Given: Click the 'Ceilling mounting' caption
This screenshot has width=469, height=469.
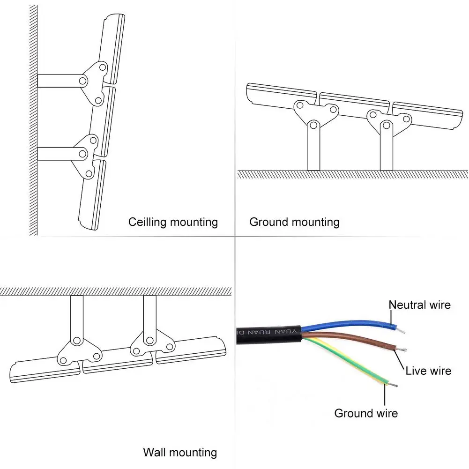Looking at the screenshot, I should (173, 222).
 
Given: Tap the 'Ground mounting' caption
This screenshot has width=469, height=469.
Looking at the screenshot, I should (294, 222).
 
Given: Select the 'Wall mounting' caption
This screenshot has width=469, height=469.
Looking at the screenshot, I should (180, 453).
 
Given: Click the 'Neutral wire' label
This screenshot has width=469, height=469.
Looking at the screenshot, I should (420, 305).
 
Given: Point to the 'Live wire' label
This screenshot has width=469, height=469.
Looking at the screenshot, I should (428, 371).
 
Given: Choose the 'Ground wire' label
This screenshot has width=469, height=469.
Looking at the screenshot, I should (366, 413).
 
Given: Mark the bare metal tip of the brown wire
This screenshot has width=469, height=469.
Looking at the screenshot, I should (402, 350).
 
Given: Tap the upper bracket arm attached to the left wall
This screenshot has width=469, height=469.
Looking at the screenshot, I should (59, 81).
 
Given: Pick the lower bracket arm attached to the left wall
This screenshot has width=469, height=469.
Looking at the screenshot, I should (59, 153).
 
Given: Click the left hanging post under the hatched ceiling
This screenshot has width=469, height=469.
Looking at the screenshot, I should (77, 316).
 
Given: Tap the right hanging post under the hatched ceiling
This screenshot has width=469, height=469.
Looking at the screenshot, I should (149, 316).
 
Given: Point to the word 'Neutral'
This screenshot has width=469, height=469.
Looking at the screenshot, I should (405, 305).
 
